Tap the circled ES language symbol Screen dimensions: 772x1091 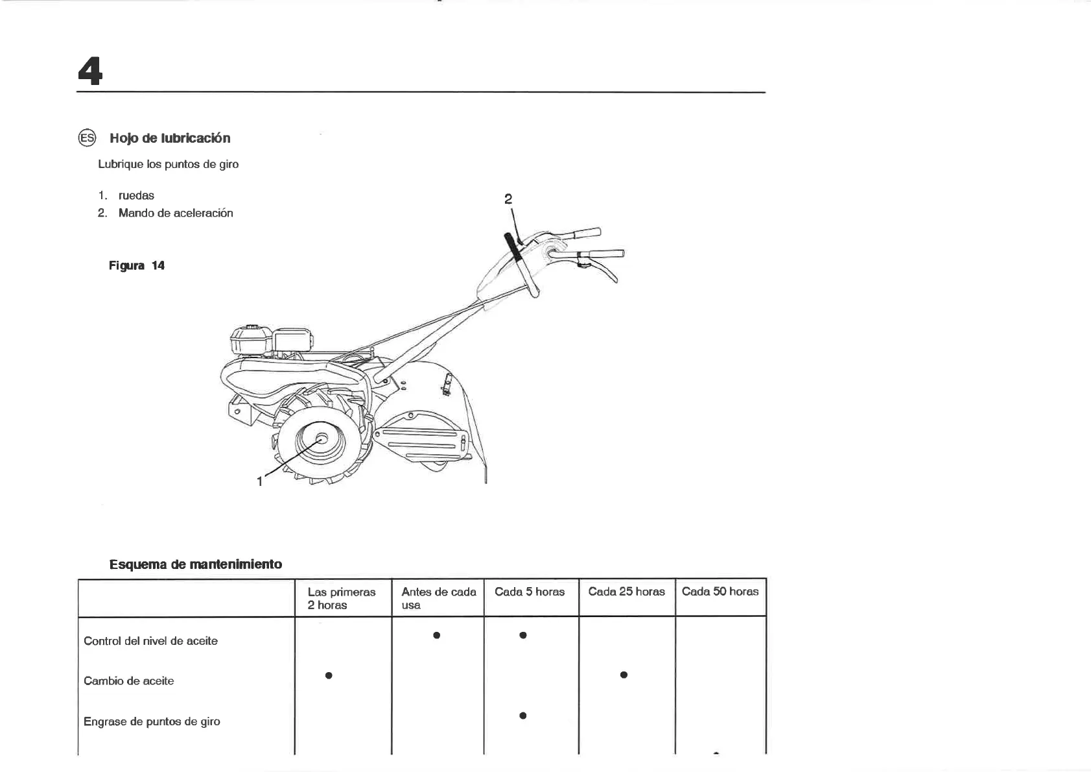tap(87, 138)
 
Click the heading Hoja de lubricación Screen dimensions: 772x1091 tap(170, 138)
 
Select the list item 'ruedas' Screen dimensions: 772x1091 tap(136, 195)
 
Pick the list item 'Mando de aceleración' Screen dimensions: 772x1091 tap(176, 213)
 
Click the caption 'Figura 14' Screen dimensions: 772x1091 tap(137, 265)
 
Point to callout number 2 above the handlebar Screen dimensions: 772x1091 tap(508, 199)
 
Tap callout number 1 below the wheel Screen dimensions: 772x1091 tap(260, 481)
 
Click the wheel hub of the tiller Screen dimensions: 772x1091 tap(322, 439)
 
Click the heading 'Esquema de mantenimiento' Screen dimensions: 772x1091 tap(196, 564)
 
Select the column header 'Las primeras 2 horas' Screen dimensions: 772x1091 tap(342, 598)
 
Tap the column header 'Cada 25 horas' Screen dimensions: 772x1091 tap(626, 592)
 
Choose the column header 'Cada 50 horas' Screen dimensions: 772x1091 tap(720, 592)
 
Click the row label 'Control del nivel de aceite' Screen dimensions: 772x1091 tap(150, 641)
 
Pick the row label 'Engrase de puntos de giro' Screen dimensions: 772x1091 tap(152, 721)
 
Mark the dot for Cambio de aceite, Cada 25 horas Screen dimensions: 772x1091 tap(624, 675)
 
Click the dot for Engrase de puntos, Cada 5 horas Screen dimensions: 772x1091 tap(522, 716)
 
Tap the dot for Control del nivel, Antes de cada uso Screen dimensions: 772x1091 tap(437, 635)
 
